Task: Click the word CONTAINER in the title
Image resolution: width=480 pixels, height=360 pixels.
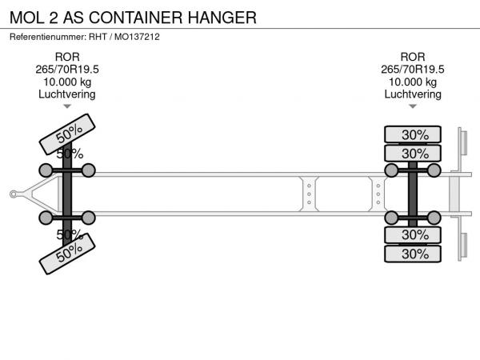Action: (x=136, y=18)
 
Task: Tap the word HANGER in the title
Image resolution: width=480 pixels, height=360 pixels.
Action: (x=222, y=18)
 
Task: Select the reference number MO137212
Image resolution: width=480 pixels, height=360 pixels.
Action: (x=137, y=37)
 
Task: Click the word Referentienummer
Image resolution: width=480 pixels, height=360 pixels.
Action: (x=48, y=37)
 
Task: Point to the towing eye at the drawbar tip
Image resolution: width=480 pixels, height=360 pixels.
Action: (x=13, y=194)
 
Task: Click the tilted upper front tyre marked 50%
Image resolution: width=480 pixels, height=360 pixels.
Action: (x=67, y=134)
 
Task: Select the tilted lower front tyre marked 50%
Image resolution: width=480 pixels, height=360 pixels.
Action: (x=67, y=254)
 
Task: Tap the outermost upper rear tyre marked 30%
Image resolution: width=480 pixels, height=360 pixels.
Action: (x=413, y=134)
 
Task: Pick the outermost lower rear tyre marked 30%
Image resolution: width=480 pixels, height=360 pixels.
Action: (x=413, y=254)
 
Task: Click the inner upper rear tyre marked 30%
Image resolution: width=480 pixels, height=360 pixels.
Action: (x=413, y=153)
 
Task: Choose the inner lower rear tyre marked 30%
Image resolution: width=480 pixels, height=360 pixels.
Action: (x=413, y=235)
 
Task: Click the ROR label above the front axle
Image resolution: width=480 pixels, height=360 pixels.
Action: (x=67, y=57)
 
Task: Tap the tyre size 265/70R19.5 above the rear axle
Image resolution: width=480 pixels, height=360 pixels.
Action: (x=413, y=70)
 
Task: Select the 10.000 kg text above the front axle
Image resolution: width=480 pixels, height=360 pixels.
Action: (x=67, y=82)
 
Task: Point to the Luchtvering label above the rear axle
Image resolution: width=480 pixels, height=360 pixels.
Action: (x=413, y=94)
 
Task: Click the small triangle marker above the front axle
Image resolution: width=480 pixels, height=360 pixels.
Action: (x=67, y=106)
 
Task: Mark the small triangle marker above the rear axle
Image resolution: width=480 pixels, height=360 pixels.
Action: (x=413, y=106)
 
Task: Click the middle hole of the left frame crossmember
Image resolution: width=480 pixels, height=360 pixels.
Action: (x=309, y=194)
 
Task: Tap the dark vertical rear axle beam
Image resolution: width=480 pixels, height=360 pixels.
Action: (x=413, y=194)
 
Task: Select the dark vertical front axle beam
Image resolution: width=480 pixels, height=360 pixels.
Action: (x=67, y=194)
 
